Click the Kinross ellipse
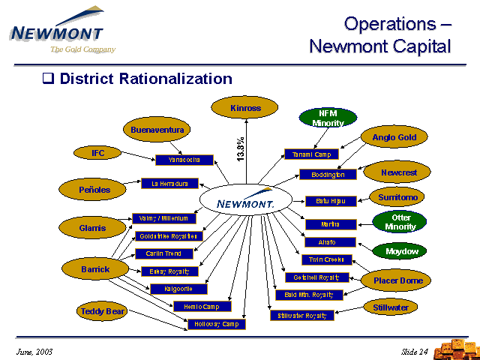pyautogui.click(x=245, y=108)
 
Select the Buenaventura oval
pyautogui.click(x=157, y=129)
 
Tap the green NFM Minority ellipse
pyautogui.click(x=328, y=118)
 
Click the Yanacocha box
pyautogui.click(x=184, y=160)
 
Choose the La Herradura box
pyautogui.click(x=169, y=183)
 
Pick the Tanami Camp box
pyautogui.click(x=312, y=154)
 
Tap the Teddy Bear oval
pyautogui.click(x=103, y=310)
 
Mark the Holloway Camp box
pyautogui.click(x=216, y=324)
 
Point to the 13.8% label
pyautogui.click(x=240, y=148)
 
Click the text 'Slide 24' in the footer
pyautogui.click(x=415, y=352)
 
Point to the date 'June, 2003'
pyautogui.click(x=34, y=352)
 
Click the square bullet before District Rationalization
pyautogui.click(x=49, y=79)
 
